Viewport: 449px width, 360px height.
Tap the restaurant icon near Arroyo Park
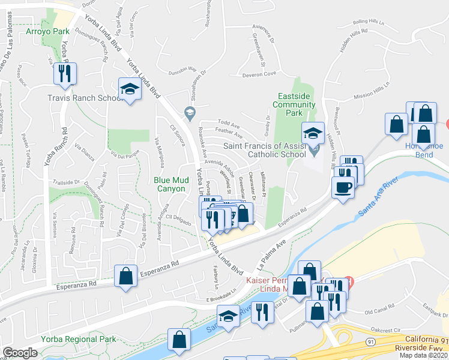point(64,73)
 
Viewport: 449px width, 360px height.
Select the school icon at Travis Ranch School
point(129,89)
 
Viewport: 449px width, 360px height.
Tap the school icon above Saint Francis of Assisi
point(313,133)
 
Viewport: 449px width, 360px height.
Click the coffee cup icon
point(343,186)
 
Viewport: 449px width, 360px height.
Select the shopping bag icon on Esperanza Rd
point(126,277)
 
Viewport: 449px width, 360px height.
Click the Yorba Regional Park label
point(79,339)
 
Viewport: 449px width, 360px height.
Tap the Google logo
point(20,353)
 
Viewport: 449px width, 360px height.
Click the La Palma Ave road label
point(270,253)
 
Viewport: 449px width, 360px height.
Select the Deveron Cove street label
point(259,74)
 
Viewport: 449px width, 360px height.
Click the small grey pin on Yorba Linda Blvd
point(190,112)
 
